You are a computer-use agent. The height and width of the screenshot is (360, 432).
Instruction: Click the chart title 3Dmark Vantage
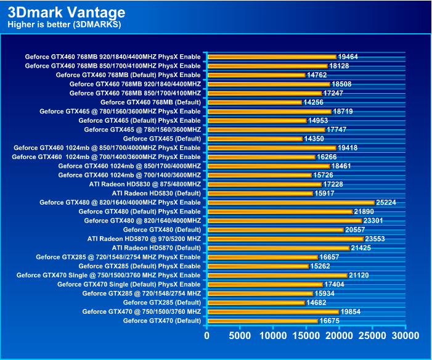(66, 12)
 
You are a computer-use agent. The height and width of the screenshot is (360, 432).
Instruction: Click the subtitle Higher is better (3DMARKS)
(63, 25)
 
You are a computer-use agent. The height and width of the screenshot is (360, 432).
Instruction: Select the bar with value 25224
(291, 202)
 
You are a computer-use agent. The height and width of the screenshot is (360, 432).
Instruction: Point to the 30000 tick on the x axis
(405, 336)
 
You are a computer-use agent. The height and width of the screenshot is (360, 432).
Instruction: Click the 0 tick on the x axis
(208, 336)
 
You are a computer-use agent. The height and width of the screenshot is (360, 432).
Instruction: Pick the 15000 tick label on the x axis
(306, 336)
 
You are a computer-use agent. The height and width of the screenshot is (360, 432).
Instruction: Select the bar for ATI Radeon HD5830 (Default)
(260, 194)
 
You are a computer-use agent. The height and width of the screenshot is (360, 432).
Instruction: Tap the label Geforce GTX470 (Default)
(162, 321)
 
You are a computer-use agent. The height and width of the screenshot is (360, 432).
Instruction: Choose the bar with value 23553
(285, 239)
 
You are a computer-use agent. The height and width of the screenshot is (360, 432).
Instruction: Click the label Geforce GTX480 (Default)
(162, 229)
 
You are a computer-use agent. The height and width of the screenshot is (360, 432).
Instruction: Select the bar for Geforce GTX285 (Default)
(256, 303)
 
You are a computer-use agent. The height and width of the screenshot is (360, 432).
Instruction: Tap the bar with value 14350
(255, 139)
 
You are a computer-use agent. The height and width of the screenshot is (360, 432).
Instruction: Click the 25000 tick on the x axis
(372, 336)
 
